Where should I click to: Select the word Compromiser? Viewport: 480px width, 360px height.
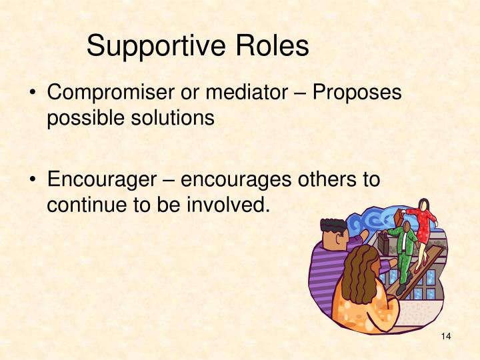point(109,94)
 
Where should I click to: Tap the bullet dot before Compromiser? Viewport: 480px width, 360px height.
point(32,94)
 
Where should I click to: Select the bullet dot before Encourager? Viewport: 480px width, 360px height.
point(32,180)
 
